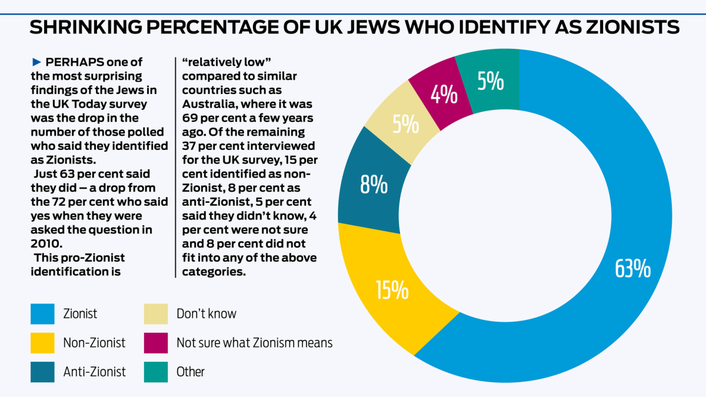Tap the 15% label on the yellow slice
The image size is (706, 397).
pos(392,290)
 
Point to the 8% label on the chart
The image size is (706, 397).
pos(374,186)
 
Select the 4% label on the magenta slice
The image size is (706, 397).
pos(444,94)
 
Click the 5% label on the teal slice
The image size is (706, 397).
pos(490,82)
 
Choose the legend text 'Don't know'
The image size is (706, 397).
pos(206,313)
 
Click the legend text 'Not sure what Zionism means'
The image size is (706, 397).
pos(254,342)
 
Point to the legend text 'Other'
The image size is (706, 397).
pos(191,371)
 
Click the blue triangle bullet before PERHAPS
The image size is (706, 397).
pos(36,62)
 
